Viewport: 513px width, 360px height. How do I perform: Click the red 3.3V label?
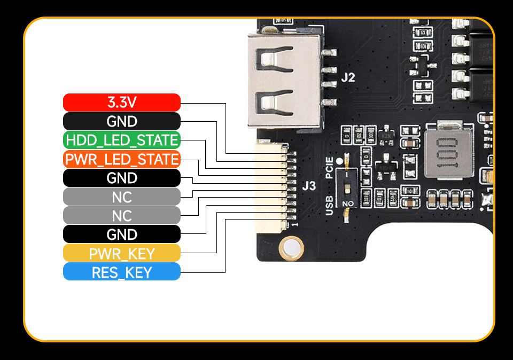coord(122,103)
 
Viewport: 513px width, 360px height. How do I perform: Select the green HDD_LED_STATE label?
coord(122,140)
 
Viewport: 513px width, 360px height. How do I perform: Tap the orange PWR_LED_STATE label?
coord(122,159)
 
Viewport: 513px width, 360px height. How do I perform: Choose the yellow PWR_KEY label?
coord(122,253)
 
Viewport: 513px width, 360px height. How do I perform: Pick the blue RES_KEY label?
coord(122,272)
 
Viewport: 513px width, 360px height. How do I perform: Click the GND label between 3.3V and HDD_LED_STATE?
coord(122,121)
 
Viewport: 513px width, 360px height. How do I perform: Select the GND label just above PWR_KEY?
coord(122,234)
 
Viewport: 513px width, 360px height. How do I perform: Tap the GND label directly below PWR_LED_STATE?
coord(122,178)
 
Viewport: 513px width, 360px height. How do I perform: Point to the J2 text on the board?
coord(348,77)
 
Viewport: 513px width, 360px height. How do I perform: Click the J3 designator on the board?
coord(309,186)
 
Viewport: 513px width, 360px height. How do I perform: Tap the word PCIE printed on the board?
coord(330,167)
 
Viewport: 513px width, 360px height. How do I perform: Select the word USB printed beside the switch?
coord(330,205)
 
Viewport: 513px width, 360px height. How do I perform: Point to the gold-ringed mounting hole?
coord(292,248)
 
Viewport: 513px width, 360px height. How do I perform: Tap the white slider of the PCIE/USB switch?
coord(348,188)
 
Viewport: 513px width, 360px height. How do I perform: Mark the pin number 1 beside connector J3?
coord(295,225)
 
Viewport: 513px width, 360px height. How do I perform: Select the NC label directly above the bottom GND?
coord(122,216)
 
